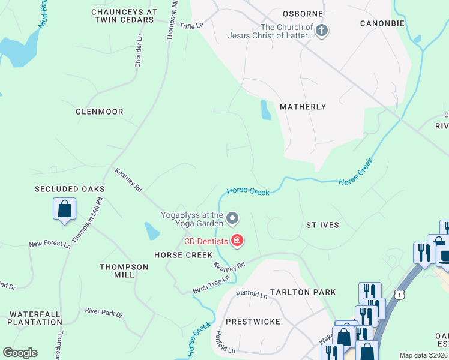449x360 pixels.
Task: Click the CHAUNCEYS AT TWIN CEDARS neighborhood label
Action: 124,16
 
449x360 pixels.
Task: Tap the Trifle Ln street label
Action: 192,25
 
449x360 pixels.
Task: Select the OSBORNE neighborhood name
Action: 303,14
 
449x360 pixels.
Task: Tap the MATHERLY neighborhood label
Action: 303,107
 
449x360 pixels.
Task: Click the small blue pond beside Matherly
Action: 265,110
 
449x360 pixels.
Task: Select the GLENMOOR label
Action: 100,112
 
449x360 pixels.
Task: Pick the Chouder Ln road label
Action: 139,50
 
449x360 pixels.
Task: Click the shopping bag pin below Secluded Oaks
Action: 64,210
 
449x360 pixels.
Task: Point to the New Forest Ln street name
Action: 50,245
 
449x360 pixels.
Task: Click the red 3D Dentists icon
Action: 237,241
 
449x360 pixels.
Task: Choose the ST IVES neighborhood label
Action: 322,225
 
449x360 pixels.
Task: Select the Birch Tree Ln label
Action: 211,284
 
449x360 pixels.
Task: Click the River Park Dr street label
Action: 103,313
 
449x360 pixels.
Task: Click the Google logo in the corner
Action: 20,353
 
